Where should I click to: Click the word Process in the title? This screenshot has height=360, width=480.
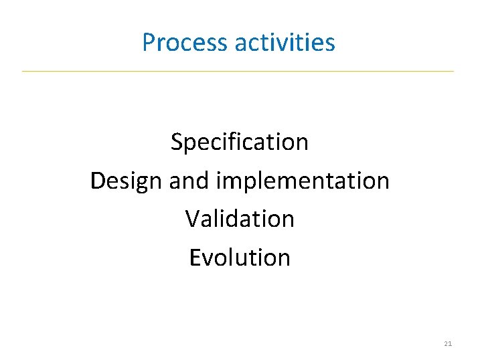185,43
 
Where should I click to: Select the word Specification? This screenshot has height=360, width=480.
240,142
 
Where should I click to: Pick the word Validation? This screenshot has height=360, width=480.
240,219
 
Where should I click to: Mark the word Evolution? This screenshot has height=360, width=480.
240,258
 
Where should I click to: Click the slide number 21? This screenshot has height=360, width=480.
448,344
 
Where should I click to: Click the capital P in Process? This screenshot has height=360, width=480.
148,43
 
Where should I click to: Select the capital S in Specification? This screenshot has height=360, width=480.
177,142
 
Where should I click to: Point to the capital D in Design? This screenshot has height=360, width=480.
98,181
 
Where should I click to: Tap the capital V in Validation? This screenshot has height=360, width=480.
191,219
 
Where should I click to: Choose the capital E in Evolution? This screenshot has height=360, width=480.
194,258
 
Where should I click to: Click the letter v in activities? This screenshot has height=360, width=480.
282,43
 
